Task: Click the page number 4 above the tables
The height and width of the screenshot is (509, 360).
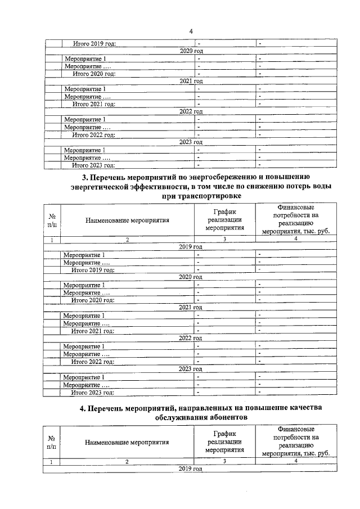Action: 191,31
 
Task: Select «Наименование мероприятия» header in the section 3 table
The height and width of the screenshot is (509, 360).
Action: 128,221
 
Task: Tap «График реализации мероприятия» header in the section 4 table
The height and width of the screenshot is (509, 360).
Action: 224,442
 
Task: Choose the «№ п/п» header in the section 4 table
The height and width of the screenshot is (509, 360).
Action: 51,442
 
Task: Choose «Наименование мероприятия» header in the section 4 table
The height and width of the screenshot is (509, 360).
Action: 128,442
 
